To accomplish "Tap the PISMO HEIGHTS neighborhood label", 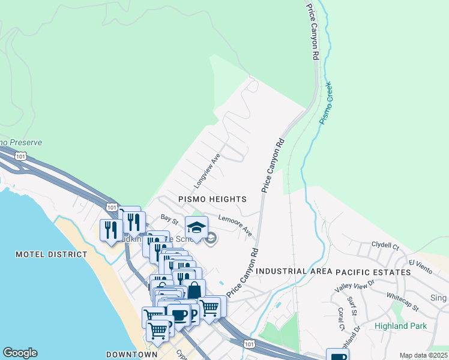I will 212,199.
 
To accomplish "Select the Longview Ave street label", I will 208,169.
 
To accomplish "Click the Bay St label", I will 169,221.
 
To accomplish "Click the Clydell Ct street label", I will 385,245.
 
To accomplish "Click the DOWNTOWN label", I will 131,355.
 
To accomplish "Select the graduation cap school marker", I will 196,227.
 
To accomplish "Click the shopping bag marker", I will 194,290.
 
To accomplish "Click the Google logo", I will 20,353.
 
